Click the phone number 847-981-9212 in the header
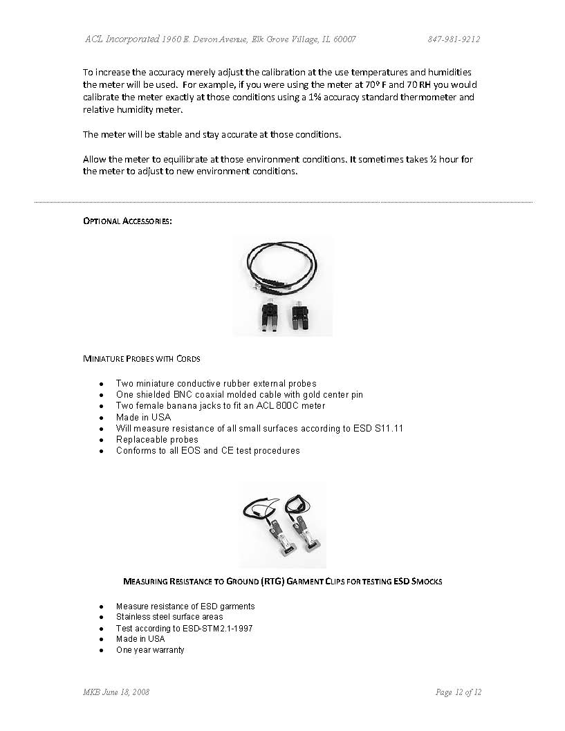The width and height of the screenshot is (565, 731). pos(454,39)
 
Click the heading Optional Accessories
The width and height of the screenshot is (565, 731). pos(127,221)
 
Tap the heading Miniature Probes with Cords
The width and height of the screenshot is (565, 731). pos(142,358)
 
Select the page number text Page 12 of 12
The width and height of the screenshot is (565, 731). pos(458,692)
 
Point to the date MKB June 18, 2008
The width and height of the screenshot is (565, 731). pos(116,692)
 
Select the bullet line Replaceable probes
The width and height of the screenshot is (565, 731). pos(157,440)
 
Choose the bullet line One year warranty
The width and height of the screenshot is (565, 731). pos(150,650)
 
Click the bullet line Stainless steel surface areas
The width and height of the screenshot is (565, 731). pos(169,617)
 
